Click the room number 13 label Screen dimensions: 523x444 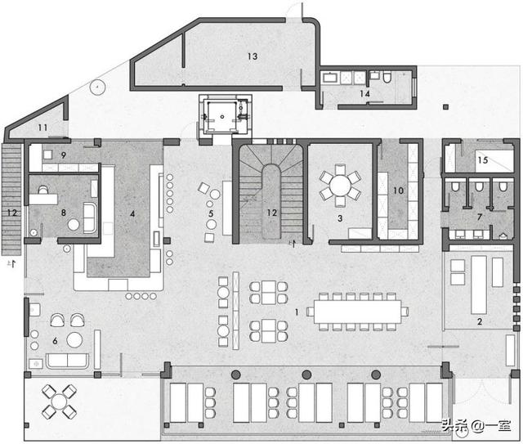[x=253, y=56]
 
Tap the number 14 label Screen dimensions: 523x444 [x=364, y=94]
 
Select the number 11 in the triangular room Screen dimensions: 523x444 [x=42, y=128]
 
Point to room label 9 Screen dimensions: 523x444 [x=64, y=155]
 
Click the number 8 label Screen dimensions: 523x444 [x=64, y=213]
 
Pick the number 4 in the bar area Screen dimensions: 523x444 [x=132, y=213]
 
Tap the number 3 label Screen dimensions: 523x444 [x=340, y=218]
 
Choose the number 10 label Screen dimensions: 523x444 [x=399, y=191]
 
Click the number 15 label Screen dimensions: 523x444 [x=483, y=160]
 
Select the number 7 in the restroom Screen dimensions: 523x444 [x=480, y=217]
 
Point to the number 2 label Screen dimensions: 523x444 [x=480, y=321]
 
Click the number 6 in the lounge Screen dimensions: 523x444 [x=55, y=341]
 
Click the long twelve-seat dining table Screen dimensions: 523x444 [x=358, y=312]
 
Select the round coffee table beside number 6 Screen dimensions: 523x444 [x=74, y=340]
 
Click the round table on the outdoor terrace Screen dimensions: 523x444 [x=60, y=402]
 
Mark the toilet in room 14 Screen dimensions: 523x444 [x=387, y=77]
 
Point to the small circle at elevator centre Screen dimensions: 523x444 [x=222, y=117]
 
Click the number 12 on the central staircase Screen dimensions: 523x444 [x=272, y=213]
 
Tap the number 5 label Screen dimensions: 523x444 [x=211, y=213]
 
